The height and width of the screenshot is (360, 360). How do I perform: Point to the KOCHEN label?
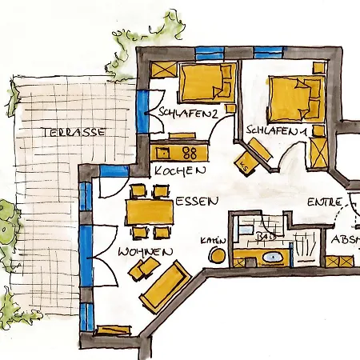pyautogui.click(x=181, y=170)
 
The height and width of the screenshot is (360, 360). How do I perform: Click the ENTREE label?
pyautogui.click(x=326, y=202)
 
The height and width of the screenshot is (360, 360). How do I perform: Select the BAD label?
pyautogui.click(x=266, y=238)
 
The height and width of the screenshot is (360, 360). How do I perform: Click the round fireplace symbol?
pyautogui.click(x=217, y=254)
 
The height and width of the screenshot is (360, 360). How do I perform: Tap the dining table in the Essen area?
pyautogui.click(x=149, y=212)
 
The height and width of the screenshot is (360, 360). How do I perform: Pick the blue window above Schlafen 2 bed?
pyautogui.click(x=207, y=54)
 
